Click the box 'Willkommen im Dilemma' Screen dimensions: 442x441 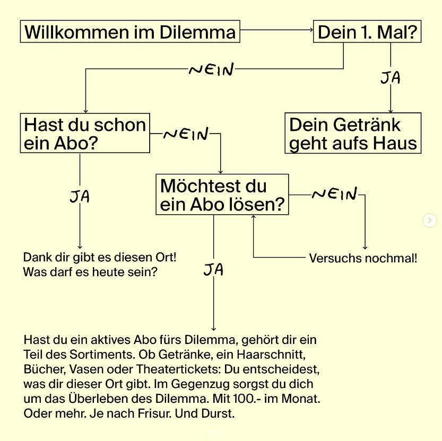click(130, 32)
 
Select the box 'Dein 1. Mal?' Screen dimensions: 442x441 click(367, 32)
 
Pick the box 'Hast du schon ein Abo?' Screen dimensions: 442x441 click(85, 133)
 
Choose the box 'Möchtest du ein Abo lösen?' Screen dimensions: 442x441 click(222, 195)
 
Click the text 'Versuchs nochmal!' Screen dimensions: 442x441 click(363, 259)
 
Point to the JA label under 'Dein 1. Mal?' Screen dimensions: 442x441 click(391, 78)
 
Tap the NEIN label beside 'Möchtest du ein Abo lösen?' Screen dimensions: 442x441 click(334, 195)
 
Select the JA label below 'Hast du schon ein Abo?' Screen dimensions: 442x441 click(80, 197)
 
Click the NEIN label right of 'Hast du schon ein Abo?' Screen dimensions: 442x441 click(186, 135)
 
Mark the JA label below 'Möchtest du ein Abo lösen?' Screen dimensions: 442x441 click(213, 270)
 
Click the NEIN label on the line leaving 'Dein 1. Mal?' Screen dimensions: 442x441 click(211, 69)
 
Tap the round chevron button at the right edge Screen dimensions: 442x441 click(430, 220)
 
